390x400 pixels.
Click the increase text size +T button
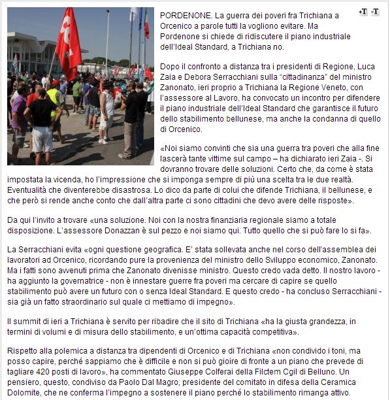coord(363,12)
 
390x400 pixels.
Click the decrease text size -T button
coord(375,12)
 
